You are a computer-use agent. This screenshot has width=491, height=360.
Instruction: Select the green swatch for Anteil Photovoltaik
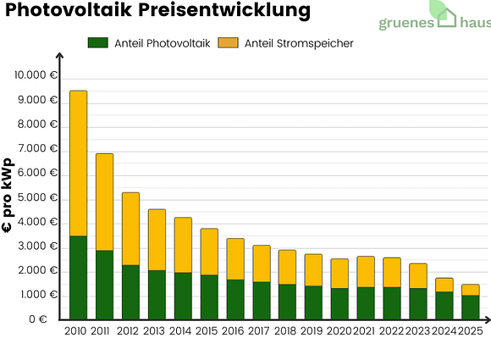[98, 43]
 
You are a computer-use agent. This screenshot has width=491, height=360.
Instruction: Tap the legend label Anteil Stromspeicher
[299, 43]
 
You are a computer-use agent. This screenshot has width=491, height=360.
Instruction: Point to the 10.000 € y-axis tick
[36, 75]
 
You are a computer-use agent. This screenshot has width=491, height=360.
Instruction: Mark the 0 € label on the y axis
[47, 320]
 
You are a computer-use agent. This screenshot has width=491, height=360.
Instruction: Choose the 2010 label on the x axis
[76, 331]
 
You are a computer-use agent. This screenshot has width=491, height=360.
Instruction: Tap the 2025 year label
[470, 331]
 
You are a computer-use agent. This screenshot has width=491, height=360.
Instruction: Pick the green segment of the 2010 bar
[78, 278]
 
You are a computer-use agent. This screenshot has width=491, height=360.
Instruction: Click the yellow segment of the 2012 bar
[130, 229]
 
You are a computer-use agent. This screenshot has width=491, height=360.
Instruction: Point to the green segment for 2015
[209, 297]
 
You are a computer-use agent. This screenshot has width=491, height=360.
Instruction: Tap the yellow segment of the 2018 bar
[287, 267]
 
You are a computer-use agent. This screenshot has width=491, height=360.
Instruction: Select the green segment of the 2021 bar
[366, 303]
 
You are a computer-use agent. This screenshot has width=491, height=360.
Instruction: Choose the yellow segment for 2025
[470, 290]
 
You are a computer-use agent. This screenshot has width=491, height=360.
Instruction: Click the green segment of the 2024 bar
[444, 306]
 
